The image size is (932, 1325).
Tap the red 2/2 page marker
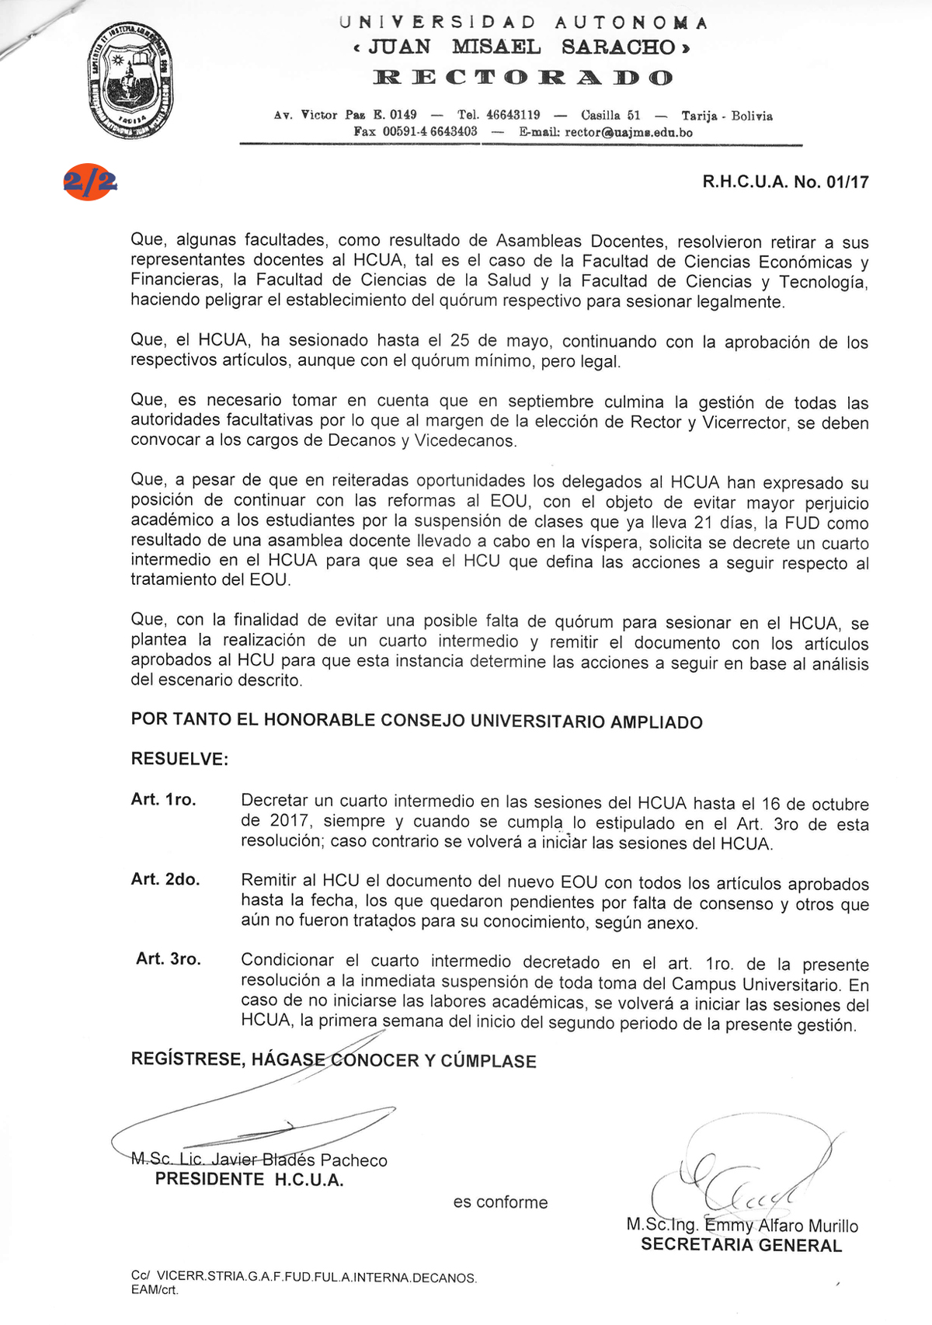(x=90, y=183)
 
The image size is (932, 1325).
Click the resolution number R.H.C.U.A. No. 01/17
(x=785, y=183)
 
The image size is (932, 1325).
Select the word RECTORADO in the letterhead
(x=523, y=78)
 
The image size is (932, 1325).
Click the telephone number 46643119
(x=513, y=115)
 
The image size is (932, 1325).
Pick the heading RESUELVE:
(x=179, y=759)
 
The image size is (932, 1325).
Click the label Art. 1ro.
(x=163, y=800)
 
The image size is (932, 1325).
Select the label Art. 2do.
(x=165, y=879)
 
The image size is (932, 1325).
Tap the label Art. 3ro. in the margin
(x=169, y=959)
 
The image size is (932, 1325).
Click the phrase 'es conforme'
(x=500, y=1202)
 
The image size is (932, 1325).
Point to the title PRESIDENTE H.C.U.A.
(x=249, y=1180)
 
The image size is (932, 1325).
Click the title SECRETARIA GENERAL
(x=741, y=1246)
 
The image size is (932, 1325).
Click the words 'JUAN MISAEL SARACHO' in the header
(x=521, y=47)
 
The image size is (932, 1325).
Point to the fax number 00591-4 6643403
(x=429, y=132)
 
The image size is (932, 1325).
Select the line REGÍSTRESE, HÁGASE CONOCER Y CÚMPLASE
(x=333, y=1060)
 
